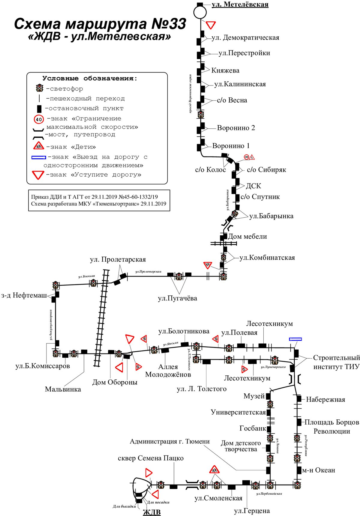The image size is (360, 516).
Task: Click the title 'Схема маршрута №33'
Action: (x=100, y=24)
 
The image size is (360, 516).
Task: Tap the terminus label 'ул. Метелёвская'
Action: (x=240, y=4)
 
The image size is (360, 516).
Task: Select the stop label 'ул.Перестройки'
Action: (x=244, y=53)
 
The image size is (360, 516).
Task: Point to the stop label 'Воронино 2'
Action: (x=236, y=128)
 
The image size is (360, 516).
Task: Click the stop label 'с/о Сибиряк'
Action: (x=266, y=170)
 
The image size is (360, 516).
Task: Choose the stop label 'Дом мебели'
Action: (x=247, y=237)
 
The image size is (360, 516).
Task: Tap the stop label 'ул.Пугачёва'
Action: (x=177, y=298)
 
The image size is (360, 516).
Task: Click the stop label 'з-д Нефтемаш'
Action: (x=24, y=296)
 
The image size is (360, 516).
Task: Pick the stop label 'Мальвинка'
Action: (x=63, y=389)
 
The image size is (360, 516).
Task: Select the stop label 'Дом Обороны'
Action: (x=115, y=382)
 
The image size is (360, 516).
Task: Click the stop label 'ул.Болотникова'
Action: (x=184, y=331)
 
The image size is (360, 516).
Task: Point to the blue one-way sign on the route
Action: (x=295, y=339)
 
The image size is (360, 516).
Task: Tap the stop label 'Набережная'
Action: (x=325, y=400)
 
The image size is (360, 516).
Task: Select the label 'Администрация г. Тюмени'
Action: (x=170, y=441)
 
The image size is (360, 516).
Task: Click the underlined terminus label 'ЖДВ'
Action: (x=152, y=512)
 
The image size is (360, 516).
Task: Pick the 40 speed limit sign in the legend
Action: (x=39, y=119)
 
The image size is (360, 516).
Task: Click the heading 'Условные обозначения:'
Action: (x=90, y=79)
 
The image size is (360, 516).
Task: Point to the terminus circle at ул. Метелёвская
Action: (x=200, y=13)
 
